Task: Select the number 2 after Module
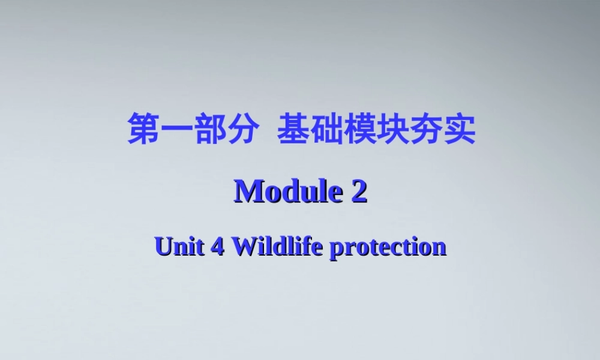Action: point(359,192)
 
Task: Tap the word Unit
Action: point(178,247)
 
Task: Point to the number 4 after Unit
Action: point(216,247)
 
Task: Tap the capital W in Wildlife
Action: point(242,247)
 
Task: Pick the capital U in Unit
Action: point(163,247)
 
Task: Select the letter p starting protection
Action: point(337,248)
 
